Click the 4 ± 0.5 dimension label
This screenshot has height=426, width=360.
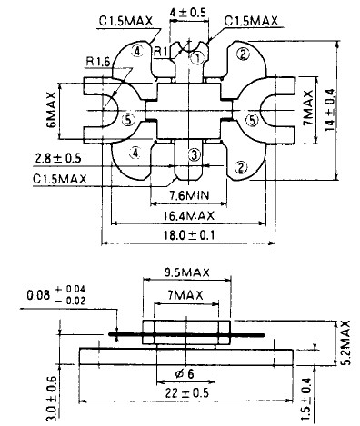[x=187, y=13]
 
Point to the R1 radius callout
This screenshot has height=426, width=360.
[x=160, y=51]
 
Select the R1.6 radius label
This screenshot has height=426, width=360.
[x=97, y=62]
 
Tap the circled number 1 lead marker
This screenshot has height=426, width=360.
[x=197, y=57]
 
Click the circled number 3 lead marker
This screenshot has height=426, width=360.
[x=194, y=155]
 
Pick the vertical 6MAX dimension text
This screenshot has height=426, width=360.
[x=52, y=110]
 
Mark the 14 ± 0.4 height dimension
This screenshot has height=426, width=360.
[x=330, y=110]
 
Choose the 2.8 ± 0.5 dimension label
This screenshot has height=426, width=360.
[x=58, y=158]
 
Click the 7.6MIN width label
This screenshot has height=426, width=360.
[x=189, y=195]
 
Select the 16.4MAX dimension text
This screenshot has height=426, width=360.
[x=189, y=216]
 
